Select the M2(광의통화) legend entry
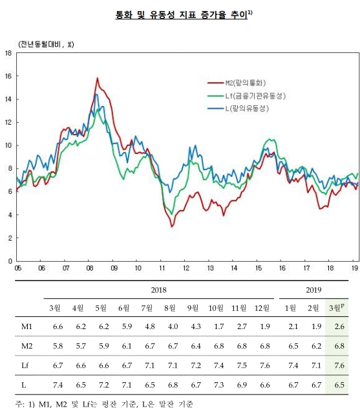click(245, 83)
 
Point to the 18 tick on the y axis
click(8, 53)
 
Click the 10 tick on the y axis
click(8, 145)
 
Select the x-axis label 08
click(89, 268)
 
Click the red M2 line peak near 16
click(97, 79)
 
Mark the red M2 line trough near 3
click(172, 226)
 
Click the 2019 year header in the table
click(310, 291)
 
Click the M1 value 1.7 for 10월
click(216, 328)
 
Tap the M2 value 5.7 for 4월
click(79, 347)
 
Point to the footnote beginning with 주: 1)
click(103, 402)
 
